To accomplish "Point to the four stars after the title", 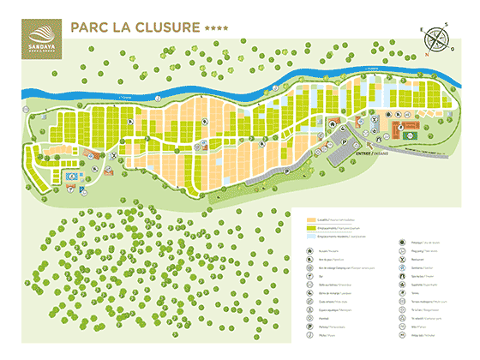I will (217, 29).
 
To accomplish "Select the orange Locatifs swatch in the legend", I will (311, 220).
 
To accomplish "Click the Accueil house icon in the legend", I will (310, 254).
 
